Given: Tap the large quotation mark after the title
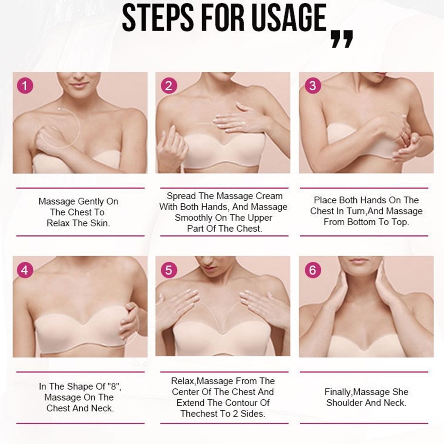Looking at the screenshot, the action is coord(342,39).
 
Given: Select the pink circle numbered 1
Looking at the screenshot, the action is coord(25,85).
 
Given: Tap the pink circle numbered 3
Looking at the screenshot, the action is coord(313,85).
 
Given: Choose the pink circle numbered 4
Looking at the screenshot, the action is coord(25,270).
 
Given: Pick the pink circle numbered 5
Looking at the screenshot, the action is coord(169,270).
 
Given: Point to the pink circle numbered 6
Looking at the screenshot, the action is coord(313,270).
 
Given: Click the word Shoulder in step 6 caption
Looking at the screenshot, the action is coord(344,403).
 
